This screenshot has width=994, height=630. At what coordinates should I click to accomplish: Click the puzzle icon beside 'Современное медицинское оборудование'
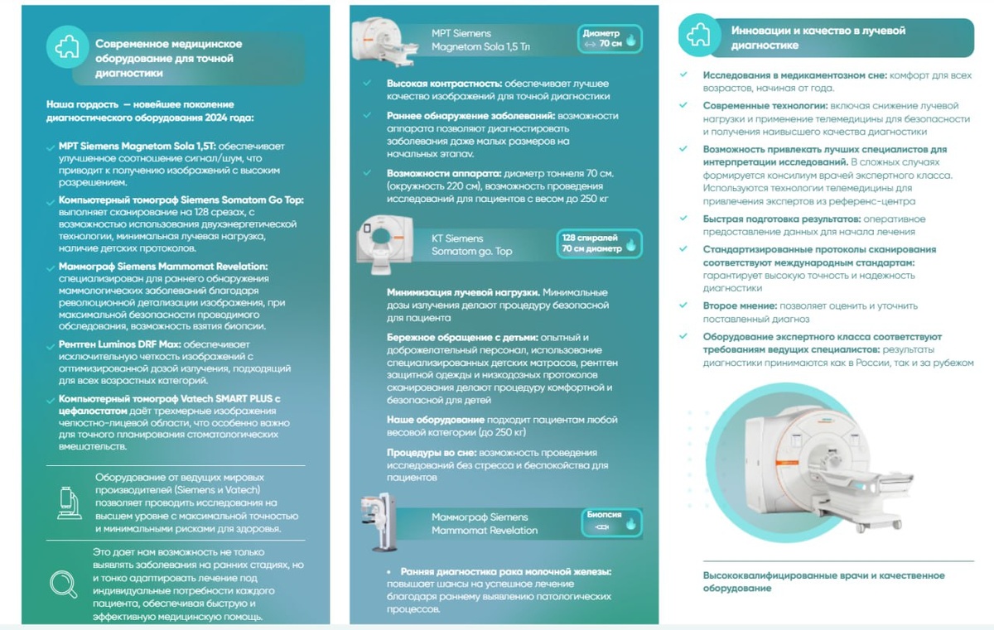tap(67, 47)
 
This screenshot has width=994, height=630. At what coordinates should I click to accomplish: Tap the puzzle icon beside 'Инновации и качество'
tap(698, 35)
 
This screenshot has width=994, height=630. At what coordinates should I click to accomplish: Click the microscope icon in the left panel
tap(70, 503)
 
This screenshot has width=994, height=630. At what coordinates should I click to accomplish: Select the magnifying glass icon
tap(64, 584)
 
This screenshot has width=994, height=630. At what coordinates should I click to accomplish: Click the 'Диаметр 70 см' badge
tap(610, 39)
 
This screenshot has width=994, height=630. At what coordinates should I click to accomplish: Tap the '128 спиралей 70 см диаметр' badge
tap(599, 243)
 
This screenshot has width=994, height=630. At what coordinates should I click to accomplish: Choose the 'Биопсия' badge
tap(611, 522)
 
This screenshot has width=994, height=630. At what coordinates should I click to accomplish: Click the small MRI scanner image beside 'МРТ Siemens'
tap(384, 41)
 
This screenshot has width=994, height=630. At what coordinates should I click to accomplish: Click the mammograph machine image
tap(379, 522)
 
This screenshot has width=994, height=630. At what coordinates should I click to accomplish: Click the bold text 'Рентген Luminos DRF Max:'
tap(120, 344)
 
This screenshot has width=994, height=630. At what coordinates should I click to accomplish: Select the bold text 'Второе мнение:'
tap(740, 306)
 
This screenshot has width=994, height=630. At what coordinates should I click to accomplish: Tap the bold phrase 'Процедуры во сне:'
tap(432, 453)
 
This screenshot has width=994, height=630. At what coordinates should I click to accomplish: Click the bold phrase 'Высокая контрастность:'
tap(444, 84)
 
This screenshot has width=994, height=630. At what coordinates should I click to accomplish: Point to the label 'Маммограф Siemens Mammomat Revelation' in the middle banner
tap(484, 523)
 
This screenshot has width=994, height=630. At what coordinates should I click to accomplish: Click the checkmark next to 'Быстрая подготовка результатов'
tap(683, 218)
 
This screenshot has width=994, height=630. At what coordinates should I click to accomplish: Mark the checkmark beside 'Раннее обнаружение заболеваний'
tap(367, 115)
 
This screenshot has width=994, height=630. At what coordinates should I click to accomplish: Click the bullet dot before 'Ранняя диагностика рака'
tap(388, 572)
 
